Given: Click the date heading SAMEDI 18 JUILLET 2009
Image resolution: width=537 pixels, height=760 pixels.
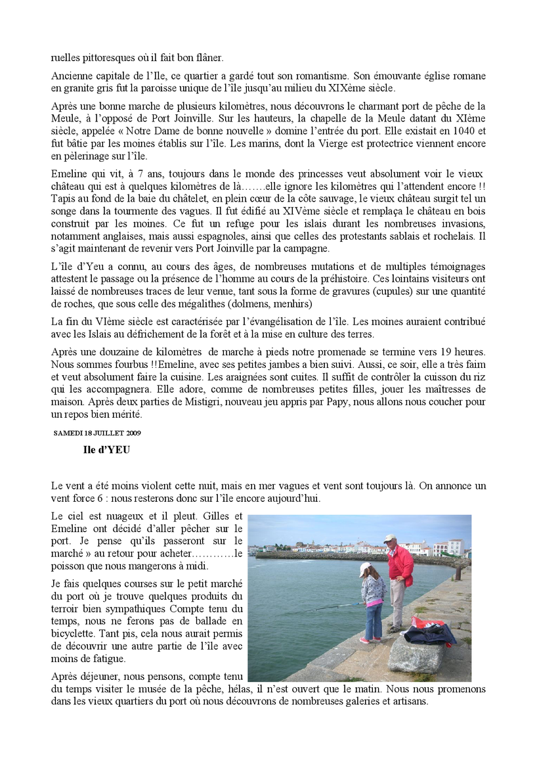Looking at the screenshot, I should pyautogui.click(x=97, y=433).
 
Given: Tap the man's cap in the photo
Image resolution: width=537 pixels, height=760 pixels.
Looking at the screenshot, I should pyautogui.click(x=389, y=538).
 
